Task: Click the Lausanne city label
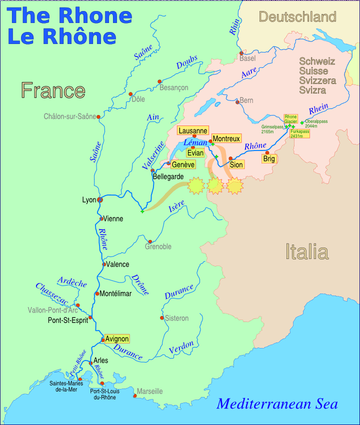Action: point(192,131)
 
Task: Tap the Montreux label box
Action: point(226,138)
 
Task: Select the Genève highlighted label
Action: point(183,164)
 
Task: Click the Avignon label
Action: point(117,338)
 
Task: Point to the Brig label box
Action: point(269,159)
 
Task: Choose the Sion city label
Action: point(236,164)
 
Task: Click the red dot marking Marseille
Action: point(135,396)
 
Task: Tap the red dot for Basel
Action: point(241,53)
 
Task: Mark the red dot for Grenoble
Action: point(150,241)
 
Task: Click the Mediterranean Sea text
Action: point(277,404)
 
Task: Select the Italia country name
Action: point(306,251)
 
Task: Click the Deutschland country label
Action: point(297,17)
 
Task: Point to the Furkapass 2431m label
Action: point(299,133)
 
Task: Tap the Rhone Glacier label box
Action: point(290,119)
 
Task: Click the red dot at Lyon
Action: point(100,200)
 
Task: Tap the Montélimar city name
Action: point(115,293)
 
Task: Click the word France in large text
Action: point(53,90)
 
